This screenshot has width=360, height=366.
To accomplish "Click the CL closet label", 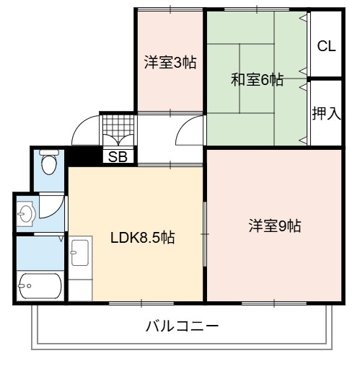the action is pyautogui.click(x=326, y=46).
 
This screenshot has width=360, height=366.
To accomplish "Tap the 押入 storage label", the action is pyautogui.click(x=326, y=113).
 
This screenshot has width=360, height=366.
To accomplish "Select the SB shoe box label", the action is pyautogui.click(x=118, y=157).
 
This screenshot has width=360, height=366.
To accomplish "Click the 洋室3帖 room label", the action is pyautogui.click(x=170, y=63).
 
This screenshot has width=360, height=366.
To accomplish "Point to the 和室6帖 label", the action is pyautogui.click(x=257, y=80).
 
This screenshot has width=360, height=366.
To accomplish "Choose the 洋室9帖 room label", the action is pyautogui.click(x=275, y=226).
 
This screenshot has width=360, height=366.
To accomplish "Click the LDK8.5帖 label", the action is pyautogui.click(x=143, y=238).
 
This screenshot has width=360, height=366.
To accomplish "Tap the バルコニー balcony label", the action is pyautogui.click(x=183, y=326).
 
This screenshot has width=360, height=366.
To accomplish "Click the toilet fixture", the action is pyautogui.click(x=49, y=161).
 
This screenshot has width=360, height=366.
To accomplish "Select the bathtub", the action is pyautogui.click(x=40, y=286).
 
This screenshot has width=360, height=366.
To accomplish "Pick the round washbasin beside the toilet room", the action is pyautogui.click(x=26, y=213).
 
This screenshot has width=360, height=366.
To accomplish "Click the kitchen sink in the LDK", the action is pyautogui.click(x=80, y=252).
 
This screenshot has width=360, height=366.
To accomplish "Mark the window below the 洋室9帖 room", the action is pyautogui.click(x=274, y=303).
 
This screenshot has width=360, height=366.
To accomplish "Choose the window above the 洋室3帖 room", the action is pyautogui.click(x=170, y=9).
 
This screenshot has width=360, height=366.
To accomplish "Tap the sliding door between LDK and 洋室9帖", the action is pyautogui.click(x=205, y=234).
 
